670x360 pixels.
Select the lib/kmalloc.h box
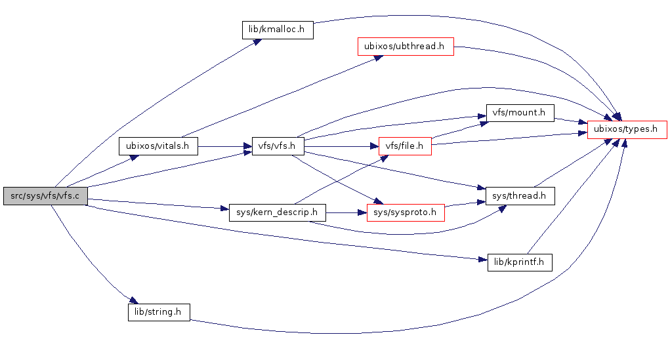pyautogui.click(x=278, y=30)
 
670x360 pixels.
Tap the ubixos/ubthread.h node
pyautogui.click(x=405, y=47)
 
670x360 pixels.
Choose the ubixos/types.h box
pyautogui.click(x=627, y=129)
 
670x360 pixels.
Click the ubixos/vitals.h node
pyautogui.click(x=158, y=146)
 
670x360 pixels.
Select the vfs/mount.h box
pyautogui.click(x=519, y=112)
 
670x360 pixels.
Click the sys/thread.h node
pyautogui.click(x=520, y=195)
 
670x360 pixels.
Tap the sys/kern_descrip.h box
pyautogui.click(x=278, y=212)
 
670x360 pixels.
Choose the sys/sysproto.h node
pyautogui.click(x=405, y=212)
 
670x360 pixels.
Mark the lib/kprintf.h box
pyautogui.click(x=520, y=262)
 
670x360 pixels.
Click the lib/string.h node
pyautogui.click(x=158, y=311)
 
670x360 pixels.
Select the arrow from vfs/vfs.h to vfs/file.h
pyautogui.click(x=341, y=146)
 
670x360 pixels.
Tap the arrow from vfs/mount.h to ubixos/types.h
pyautogui.click(x=571, y=121)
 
